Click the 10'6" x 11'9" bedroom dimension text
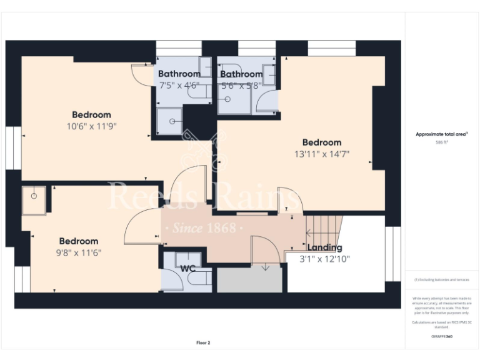pyautogui.click(x=91, y=126)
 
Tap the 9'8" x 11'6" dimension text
pyautogui.click(x=79, y=252)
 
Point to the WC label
pyautogui.click(x=188, y=269)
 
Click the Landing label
pyautogui.click(x=324, y=247)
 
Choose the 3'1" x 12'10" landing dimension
pyautogui.click(x=324, y=259)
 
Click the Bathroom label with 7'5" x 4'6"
pyautogui.click(x=179, y=74)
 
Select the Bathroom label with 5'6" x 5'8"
pyautogui.click(x=241, y=74)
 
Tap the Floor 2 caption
pyautogui.click(x=203, y=342)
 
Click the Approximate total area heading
pyautogui.click(x=441, y=134)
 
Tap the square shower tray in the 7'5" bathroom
pyautogui.click(x=169, y=119)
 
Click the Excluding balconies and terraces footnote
pyautogui.click(x=441, y=280)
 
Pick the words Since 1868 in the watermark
pyautogui.click(x=204, y=227)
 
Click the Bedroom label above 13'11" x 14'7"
pyautogui.click(x=322, y=142)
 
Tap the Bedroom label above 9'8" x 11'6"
pyautogui.click(x=79, y=241)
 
